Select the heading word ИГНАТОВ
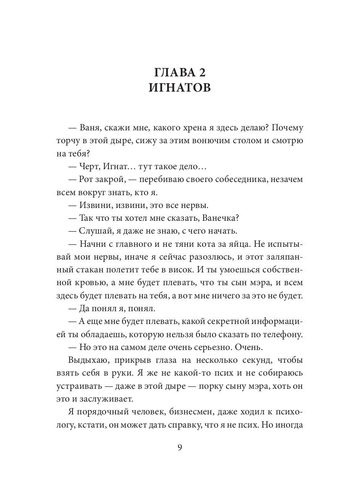[x=180, y=88]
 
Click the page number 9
[x=180, y=448]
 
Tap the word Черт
[x=89, y=166]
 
